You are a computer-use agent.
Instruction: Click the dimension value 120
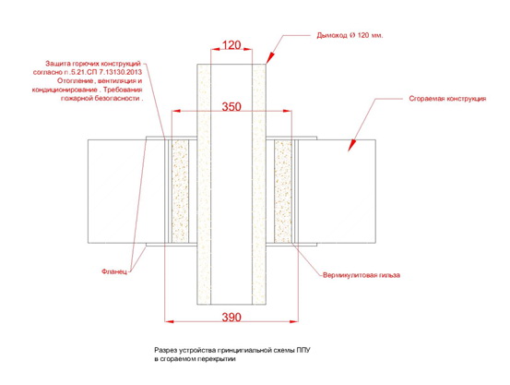(x=231, y=45)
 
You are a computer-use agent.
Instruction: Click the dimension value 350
(x=231, y=106)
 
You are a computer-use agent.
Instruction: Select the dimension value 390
(x=231, y=317)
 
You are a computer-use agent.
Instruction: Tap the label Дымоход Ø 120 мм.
(x=350, y=35)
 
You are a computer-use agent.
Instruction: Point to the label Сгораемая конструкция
(x=447, y=99)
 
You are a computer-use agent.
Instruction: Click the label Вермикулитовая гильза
(x=362, y=275)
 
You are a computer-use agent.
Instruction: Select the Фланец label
(x=114, y=271)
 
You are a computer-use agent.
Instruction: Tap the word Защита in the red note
(x=57, y=64)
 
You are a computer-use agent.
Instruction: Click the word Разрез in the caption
(x=165, y=351)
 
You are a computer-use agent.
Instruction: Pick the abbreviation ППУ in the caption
(x=303, y=351)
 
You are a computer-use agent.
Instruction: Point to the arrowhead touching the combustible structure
(x=351, y=145)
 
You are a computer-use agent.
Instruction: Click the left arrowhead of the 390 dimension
(x=170, y=321)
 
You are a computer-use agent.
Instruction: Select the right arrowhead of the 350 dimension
(x=287, y=111)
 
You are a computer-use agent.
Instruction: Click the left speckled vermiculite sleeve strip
(x=180, y=191)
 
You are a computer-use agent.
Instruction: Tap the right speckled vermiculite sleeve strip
(x=282, y=191)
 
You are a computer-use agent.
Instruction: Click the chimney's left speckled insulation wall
(x=204, y=184)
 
